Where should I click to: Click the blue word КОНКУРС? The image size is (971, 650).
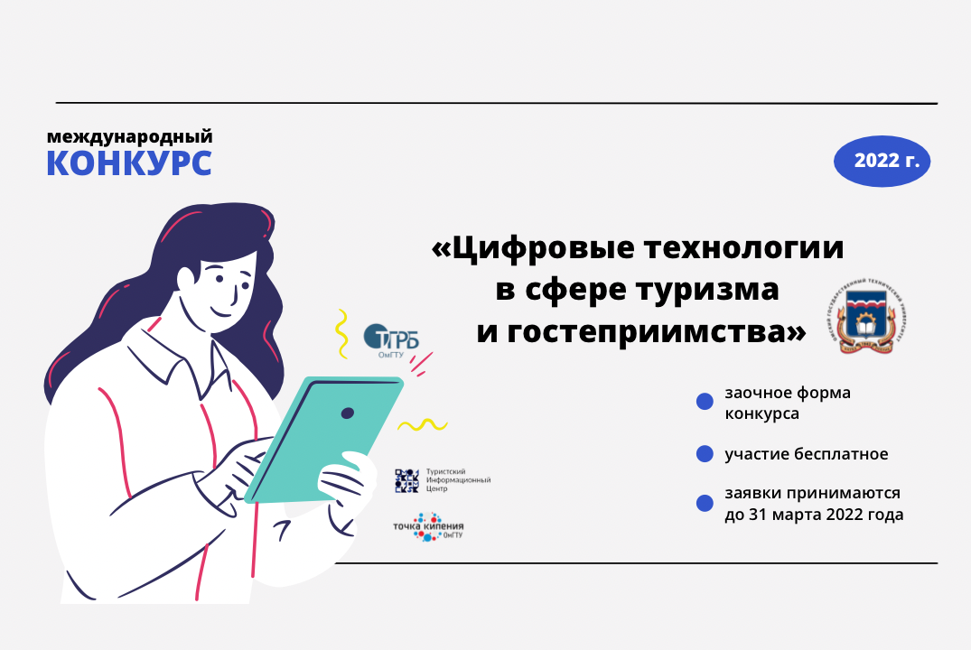click(x=129, y=164)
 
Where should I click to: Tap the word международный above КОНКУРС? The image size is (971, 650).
click(x=129, y=137)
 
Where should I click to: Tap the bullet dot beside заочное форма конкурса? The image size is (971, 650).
click(x=705, y=403)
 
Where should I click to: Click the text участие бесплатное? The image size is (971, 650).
click(x=806, y=454)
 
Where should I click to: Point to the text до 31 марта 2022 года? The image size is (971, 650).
click(x=813, y=515)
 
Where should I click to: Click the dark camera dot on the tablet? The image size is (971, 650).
click(x=347, y=413)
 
